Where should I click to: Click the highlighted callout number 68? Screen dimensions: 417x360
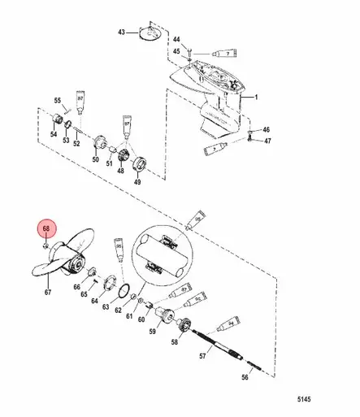[x=46, y=230]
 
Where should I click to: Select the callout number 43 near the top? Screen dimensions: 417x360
[x=121, y=32]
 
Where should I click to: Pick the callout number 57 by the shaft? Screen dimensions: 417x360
[x=203, y=356]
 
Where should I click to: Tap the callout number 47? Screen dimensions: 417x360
[x=267, y=141]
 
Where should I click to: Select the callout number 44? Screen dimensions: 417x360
[x=176, y=39]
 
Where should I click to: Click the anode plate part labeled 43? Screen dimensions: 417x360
[x=148, y=31]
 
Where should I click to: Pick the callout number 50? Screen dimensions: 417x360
[x=94, y=161]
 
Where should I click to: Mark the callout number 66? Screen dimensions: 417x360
[x=77, y=287]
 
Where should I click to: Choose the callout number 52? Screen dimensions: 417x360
[x=76, y=143]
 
